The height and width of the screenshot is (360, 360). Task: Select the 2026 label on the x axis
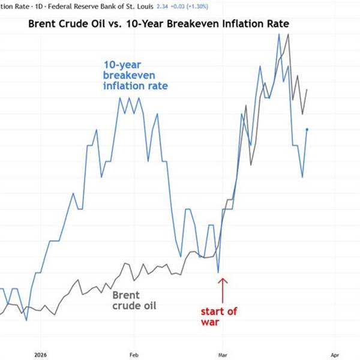pyautogui.click(x=41, y=354)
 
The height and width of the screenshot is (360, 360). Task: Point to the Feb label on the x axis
pyautogui.click(x=134, y=354)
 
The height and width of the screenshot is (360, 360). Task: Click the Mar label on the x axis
pyautogui.click(x=222, y=354)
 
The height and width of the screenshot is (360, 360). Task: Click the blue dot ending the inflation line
pyautogui.click(x=307, y=130)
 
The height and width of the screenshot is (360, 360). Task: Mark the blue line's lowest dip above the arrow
pyautogui.click(x=218, y=272)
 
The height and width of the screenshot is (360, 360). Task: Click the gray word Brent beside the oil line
pyautogui.click(x=126, y=295)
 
